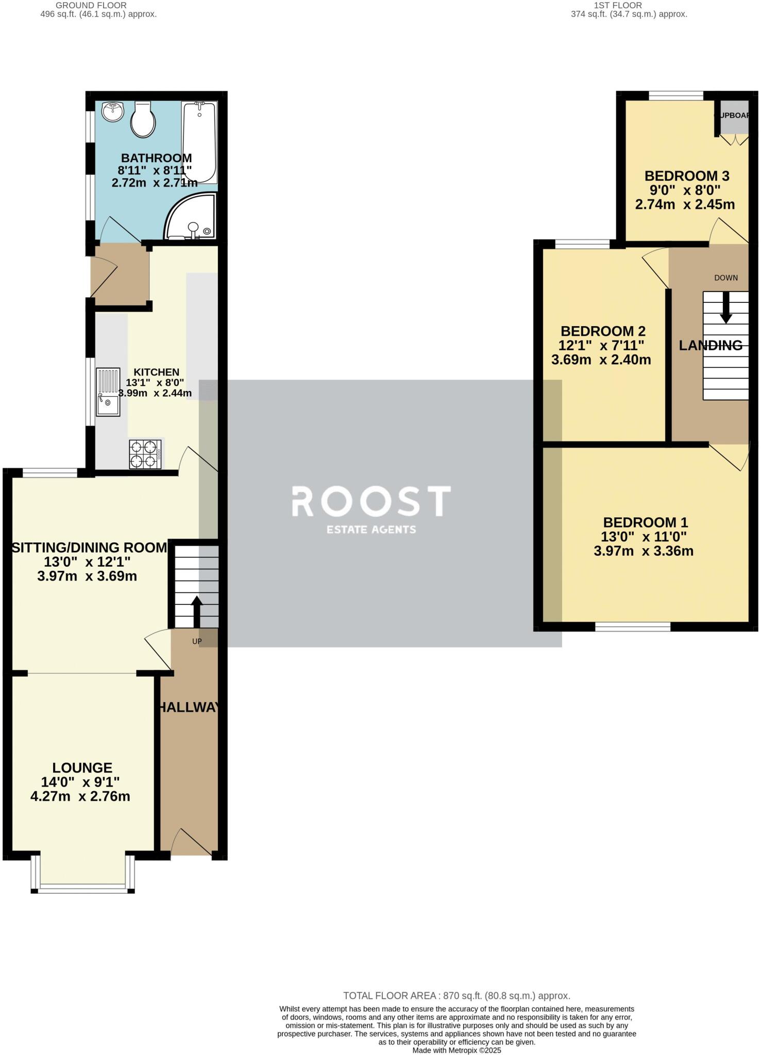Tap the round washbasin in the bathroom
pos(113,111)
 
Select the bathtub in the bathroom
pos(199,142)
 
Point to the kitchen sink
pos(108,392)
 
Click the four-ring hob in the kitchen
pos(144,454)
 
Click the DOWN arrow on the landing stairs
pos(725,308)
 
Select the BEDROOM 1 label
pos(645,522)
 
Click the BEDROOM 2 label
pos(603,331)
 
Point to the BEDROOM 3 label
pos(687,176)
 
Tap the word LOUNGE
pos(82,768)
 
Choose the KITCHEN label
pos(157,372)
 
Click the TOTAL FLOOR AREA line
pos(456,996)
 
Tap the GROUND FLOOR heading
pos(98,5)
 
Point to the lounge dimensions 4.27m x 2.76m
pos(80,796)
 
